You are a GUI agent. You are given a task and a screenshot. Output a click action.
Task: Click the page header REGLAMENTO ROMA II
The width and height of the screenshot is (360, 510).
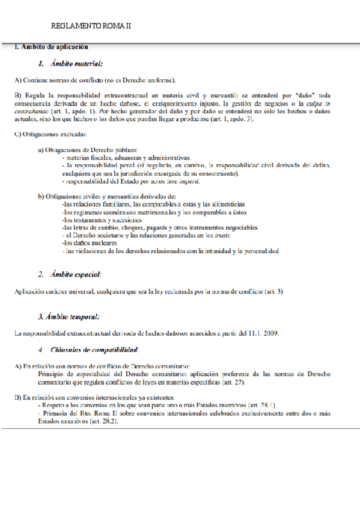[x=91, y=26]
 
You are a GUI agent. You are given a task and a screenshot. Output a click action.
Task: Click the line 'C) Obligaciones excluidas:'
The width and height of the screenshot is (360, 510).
[x=51, y=134]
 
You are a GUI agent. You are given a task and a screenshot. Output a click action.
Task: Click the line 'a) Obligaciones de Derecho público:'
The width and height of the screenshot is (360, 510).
[x=88, y=149]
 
